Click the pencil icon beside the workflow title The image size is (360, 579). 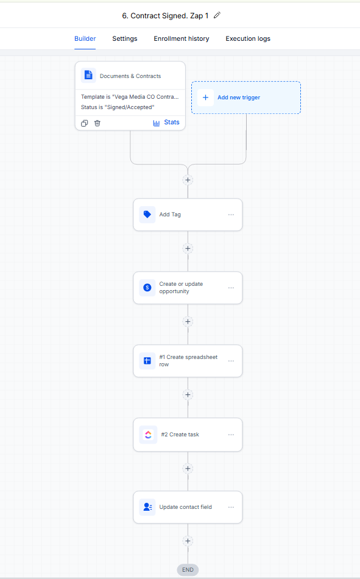(x=217, y=15)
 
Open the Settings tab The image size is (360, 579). (x=125, y=38)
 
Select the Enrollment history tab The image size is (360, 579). (x=182, y=38)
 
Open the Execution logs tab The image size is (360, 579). (x=248, y=38)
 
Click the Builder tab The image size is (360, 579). (x=85, y=38)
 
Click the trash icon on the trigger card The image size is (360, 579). (x=97, y=123)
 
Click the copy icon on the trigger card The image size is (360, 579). (x=85, y=123)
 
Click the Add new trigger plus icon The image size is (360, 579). (x=206, y=98)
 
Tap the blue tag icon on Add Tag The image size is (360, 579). (x=147, y=215)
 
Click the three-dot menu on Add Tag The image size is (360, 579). (x=231, y=215)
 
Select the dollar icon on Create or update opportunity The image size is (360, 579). (x=147, y=288)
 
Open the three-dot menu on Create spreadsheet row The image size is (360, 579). (x=231, y=361)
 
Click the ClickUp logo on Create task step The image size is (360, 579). (x=148, y=435)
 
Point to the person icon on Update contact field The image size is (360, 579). (x=147, y=507)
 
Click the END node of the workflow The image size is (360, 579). (x=188, y=570)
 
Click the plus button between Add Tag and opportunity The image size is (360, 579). (x=188, y=249)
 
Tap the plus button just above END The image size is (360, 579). (x=188, y=541)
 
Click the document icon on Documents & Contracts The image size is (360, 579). (x=88, y=75)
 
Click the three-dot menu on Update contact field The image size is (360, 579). (x=231, y=507)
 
